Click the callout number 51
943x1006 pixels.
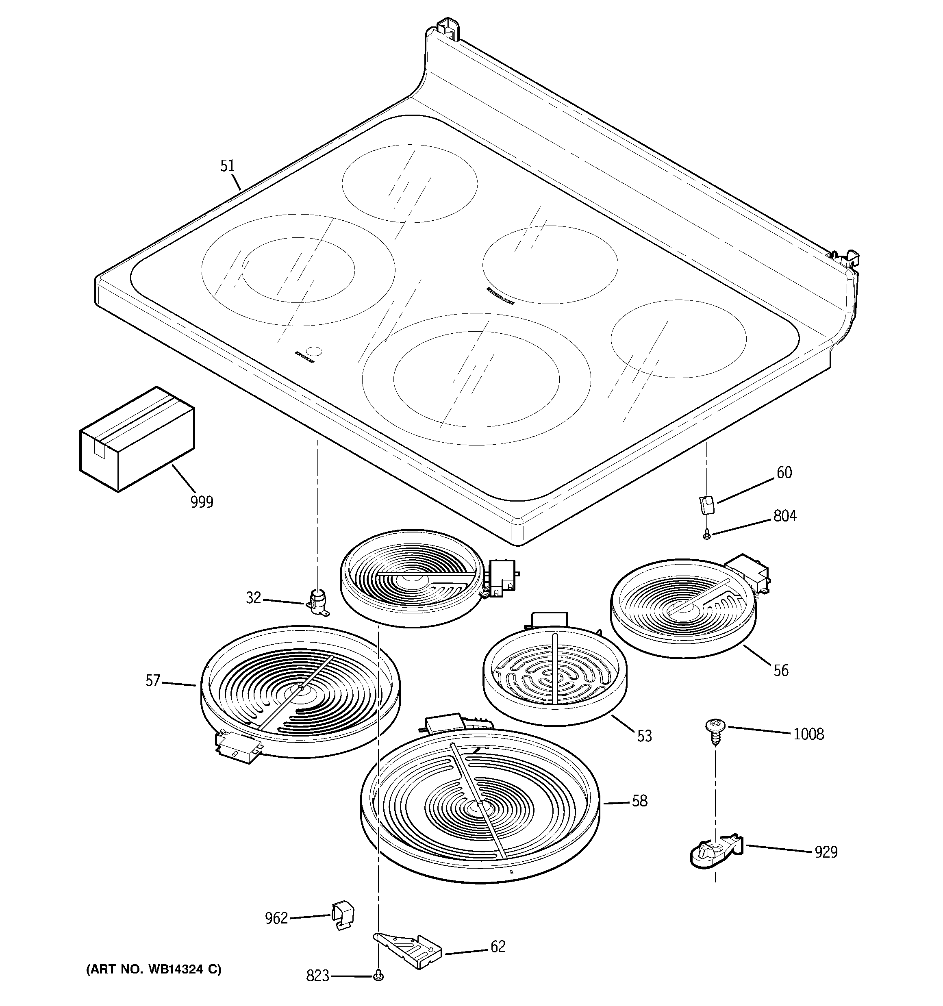tap(228, 166)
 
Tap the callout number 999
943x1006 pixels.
tap(202, 502)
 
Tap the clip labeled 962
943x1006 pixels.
tap(343, 915)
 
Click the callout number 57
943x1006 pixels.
tap(153, 680)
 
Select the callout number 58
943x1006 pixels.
tap(640, 801)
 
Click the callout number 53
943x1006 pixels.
tap(644, 736)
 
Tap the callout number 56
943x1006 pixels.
tap(781, 671)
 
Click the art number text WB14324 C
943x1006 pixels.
tap(153, 969)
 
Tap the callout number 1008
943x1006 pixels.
tap(808, 734)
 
